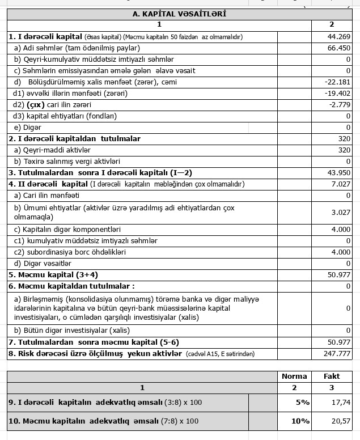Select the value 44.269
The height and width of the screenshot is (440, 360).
coord(339,37)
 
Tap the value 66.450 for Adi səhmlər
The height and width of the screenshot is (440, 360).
coord(339,48)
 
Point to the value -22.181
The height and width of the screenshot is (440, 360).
coord(338,82)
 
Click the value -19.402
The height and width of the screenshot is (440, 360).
coord(338,94)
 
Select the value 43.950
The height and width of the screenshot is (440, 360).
coord(339,172)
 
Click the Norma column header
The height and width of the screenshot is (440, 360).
coord(294,376)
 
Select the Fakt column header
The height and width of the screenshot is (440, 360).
coord(332,376)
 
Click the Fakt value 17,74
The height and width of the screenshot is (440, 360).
coord(340,403)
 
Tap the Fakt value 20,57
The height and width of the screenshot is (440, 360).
coord(340,421)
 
